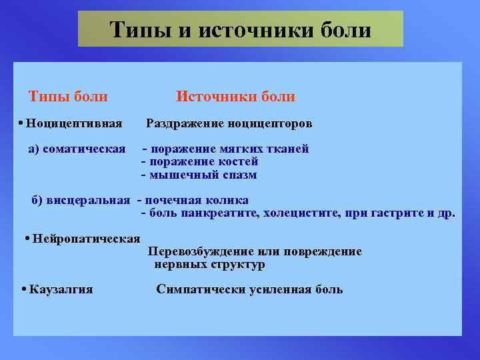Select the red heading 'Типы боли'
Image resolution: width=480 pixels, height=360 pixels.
click(x=67, y=97)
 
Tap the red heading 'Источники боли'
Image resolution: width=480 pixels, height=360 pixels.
click(x=235, y=97)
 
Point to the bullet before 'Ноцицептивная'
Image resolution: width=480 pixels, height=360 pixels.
click(x=22, y=124)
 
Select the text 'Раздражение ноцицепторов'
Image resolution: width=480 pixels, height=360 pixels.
click(x=229, y=124)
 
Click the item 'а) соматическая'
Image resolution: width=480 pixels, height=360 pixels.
click(x=77, y=149)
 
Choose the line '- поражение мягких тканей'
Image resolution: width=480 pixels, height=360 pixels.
click(x=225, y=149)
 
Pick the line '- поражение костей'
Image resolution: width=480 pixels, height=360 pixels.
click(x=200, y=161)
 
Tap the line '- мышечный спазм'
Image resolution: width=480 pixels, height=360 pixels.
click(x=199, y=175)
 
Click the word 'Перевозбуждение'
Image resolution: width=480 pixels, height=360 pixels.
click(x=194, y=252)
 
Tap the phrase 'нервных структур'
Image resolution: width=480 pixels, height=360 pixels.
click(x=209, y=265)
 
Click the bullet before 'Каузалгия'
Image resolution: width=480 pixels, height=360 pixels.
click(x=23, y=289)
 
